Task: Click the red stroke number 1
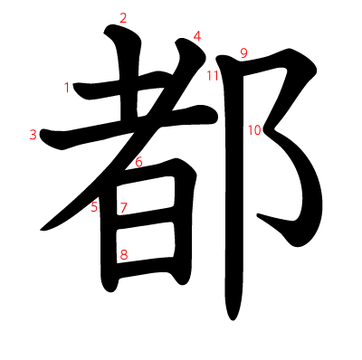coord(67,88)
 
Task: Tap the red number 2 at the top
coord(123,17)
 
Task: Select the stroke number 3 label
coord(33,135)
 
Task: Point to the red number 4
coord(196,36)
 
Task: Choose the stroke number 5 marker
coord(94,207)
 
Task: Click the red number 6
coord(138,162)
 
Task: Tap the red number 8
coord(123,254)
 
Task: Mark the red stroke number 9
coord(243,52)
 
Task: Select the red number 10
coord(253,130)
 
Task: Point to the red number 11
coord(213,75)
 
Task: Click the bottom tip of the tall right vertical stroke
coord(234,317)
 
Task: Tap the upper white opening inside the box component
coord(148,194)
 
